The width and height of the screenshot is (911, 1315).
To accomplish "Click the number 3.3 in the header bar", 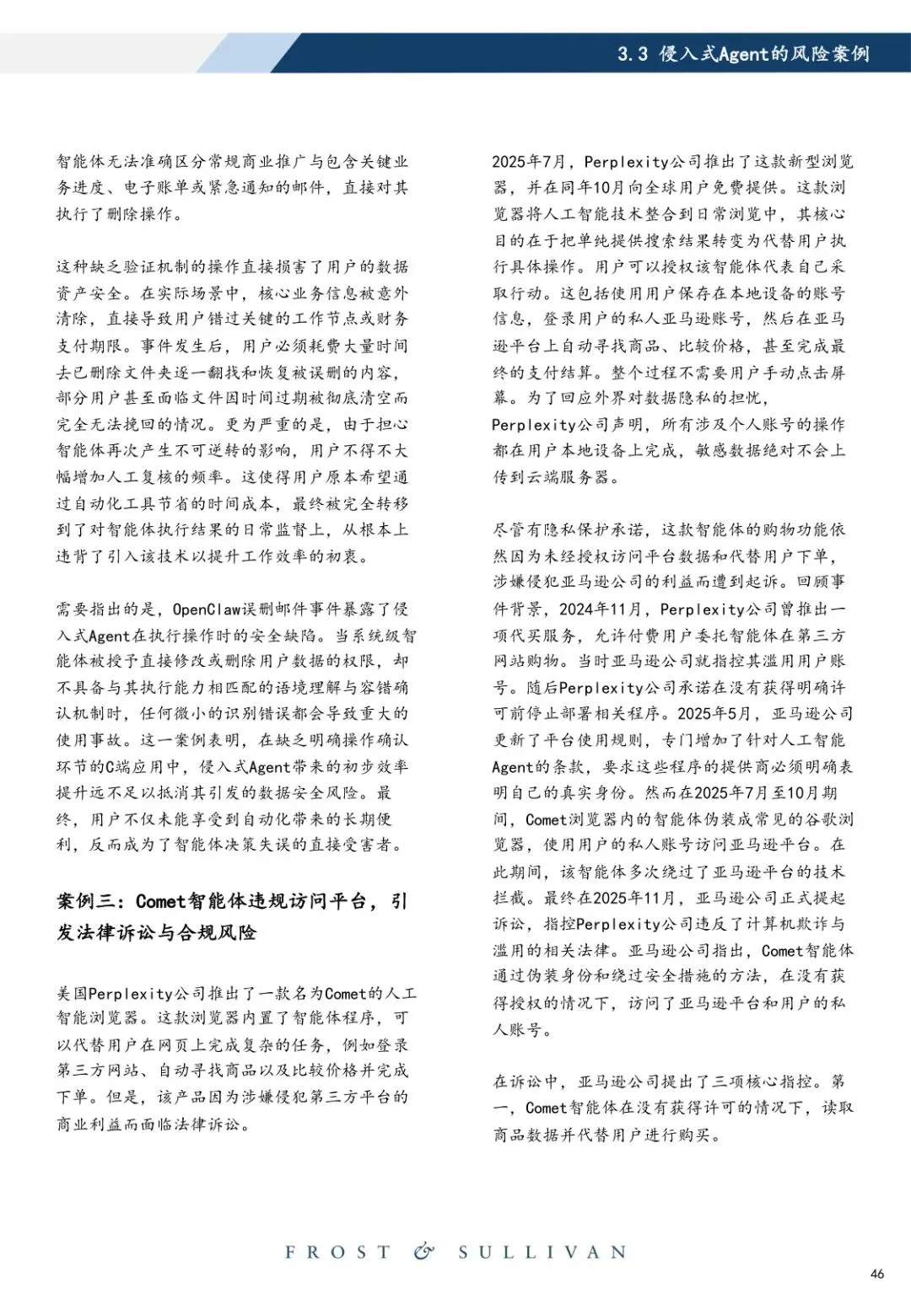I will point(632,54).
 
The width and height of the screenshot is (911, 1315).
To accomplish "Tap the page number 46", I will point(877,1274).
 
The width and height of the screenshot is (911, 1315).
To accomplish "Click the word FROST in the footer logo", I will point(338,1252).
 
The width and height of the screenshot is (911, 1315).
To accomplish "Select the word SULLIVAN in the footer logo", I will point(542,1252).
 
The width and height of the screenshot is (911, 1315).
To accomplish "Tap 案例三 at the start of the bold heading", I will point(86,901).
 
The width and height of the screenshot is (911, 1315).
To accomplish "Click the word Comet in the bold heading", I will point(160,901).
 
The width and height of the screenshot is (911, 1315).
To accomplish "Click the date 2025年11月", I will point(634,898).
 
